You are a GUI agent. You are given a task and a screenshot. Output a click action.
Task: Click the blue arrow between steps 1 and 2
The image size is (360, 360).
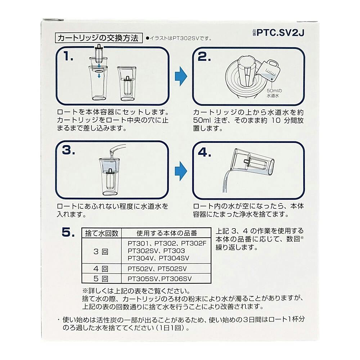[x=181, y=76]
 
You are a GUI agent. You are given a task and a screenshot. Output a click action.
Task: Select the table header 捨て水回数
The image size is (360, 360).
[x=102, y=233]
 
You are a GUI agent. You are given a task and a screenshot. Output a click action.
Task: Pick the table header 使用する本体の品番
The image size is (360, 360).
[x=167, y=233]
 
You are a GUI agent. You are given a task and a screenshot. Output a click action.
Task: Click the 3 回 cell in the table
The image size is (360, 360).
[x=101, y=251]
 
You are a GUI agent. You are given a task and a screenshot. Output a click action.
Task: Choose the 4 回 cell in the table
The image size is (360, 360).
[x=101, y=269]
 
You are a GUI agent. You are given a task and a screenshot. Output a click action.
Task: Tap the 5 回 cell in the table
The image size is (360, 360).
[x=101, y=279]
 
